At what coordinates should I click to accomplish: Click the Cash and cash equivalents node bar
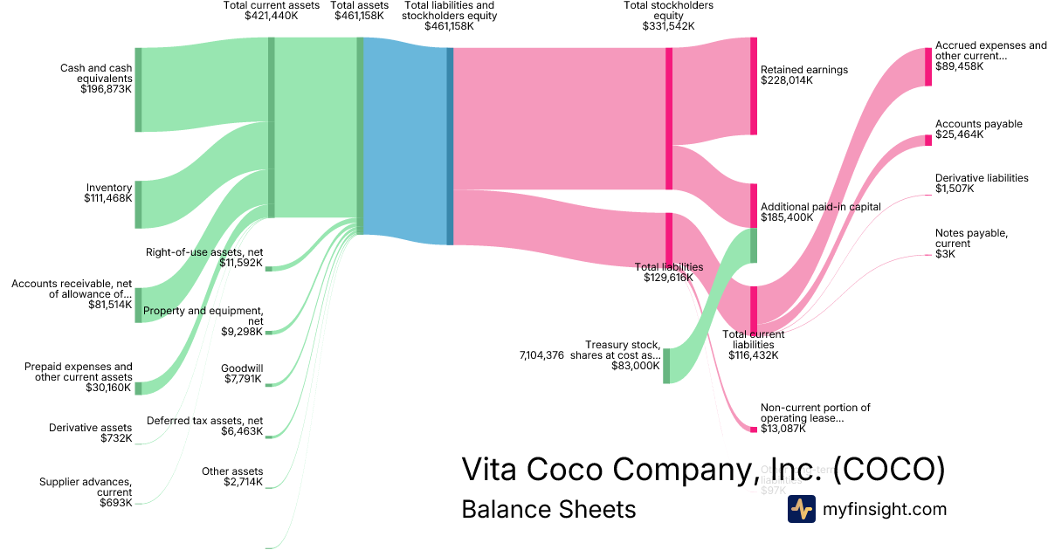(x=138, y=90)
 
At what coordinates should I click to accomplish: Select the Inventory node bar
(x=138, y=204)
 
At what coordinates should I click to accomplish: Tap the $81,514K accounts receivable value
(x=110, y=305)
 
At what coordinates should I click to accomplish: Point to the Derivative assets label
(x=91, y=427)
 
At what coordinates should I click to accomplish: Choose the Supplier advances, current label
(x=86, y=486)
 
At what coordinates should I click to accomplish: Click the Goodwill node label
(x=242, y=368)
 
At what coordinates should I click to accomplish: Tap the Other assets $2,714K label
(x=231, y=477)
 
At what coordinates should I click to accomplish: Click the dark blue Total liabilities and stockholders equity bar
(x=450, y=146)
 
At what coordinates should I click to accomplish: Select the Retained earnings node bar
(x=754, y=86)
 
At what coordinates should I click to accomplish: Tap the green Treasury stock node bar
(x=666, y=365)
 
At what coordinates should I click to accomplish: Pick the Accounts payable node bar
(x=928, y=141)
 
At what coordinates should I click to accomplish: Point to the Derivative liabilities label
(x=982, y=178)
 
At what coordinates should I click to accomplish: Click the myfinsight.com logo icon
(x=801, y=509)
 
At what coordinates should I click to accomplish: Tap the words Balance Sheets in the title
(x=548, y=509)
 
